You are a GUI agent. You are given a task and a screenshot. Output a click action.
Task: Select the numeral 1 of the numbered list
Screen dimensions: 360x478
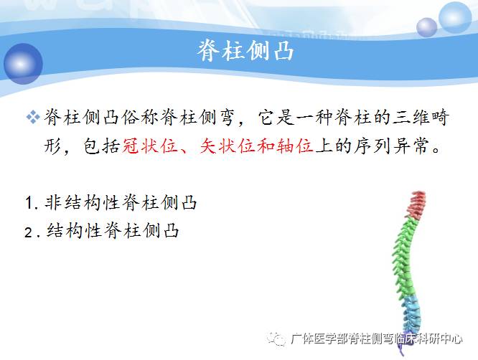point(27,204)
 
